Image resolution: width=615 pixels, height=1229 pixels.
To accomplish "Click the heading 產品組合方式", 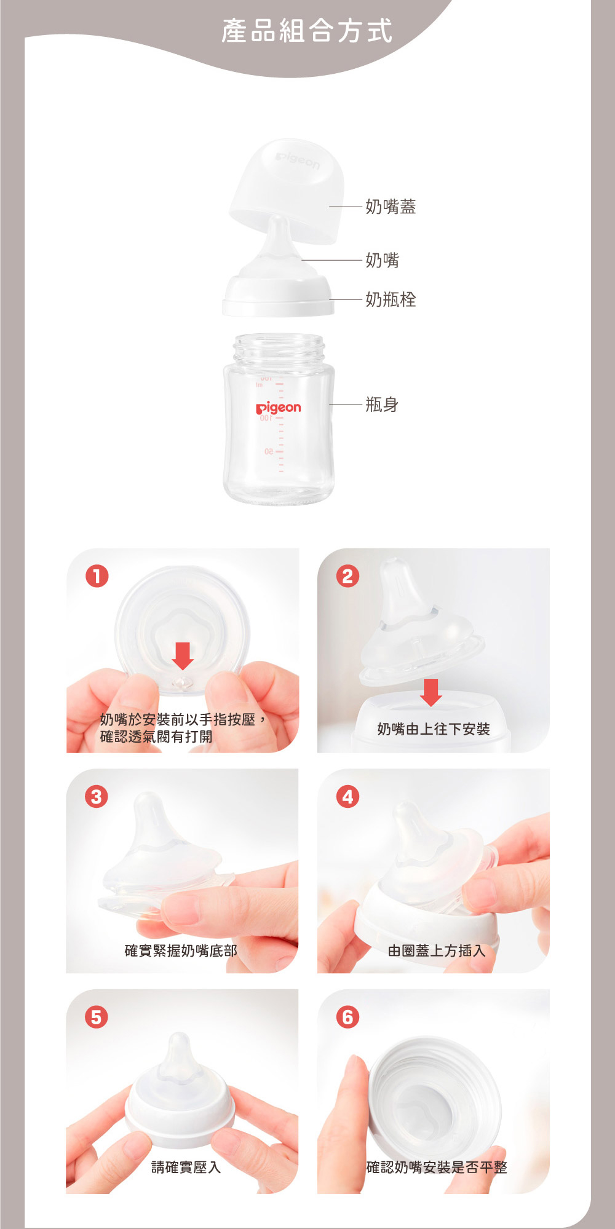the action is pyautogui.click(x=307, y=31).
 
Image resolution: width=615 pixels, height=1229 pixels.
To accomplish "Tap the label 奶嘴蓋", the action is pyautogui.click(x=391, y=207).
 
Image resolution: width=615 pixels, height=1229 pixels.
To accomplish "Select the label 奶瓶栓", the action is pyautogui.click(x=391, y=299).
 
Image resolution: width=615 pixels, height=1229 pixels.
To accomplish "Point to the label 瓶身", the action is pyautogui.click(x=382, y=405).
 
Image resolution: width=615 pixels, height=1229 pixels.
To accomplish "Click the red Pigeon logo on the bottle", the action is pyautogui.click(x=279, y=408).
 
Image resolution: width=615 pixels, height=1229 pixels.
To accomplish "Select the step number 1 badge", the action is pyautogui.click(x=97, y=576).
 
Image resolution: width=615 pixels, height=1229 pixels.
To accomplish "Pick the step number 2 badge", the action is pyautogui.click(x=347, y=576).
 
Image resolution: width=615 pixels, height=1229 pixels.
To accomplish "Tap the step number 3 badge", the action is pyautogui.click(x=97, y=797).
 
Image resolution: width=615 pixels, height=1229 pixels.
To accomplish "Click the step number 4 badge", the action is pyautogui.click(x=347, y=797).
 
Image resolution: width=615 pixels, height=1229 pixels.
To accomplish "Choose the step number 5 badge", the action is pyautogui.click(x=97, y=1017).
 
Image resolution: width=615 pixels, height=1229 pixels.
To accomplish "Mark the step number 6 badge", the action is pyautogui.click(x=347, y=1017).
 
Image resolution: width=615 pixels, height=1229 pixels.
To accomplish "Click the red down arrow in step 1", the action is pyautogui.click(x=183, y=656).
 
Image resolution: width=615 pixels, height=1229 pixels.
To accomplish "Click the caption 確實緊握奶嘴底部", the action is pyautogui.click(x=181, y=950).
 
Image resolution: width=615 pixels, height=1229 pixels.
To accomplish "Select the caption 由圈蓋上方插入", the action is pyautogui.click(x=437, y=950).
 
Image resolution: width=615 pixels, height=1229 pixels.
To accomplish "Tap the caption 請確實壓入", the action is pyautogui.click(x=186, y=1167).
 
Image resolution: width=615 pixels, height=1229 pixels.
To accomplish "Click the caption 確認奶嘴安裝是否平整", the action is pyautogui.click(x=437, y=1167).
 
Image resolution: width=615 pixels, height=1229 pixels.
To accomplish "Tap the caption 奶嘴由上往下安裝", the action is pyautogui.click(x=434, y=729).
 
